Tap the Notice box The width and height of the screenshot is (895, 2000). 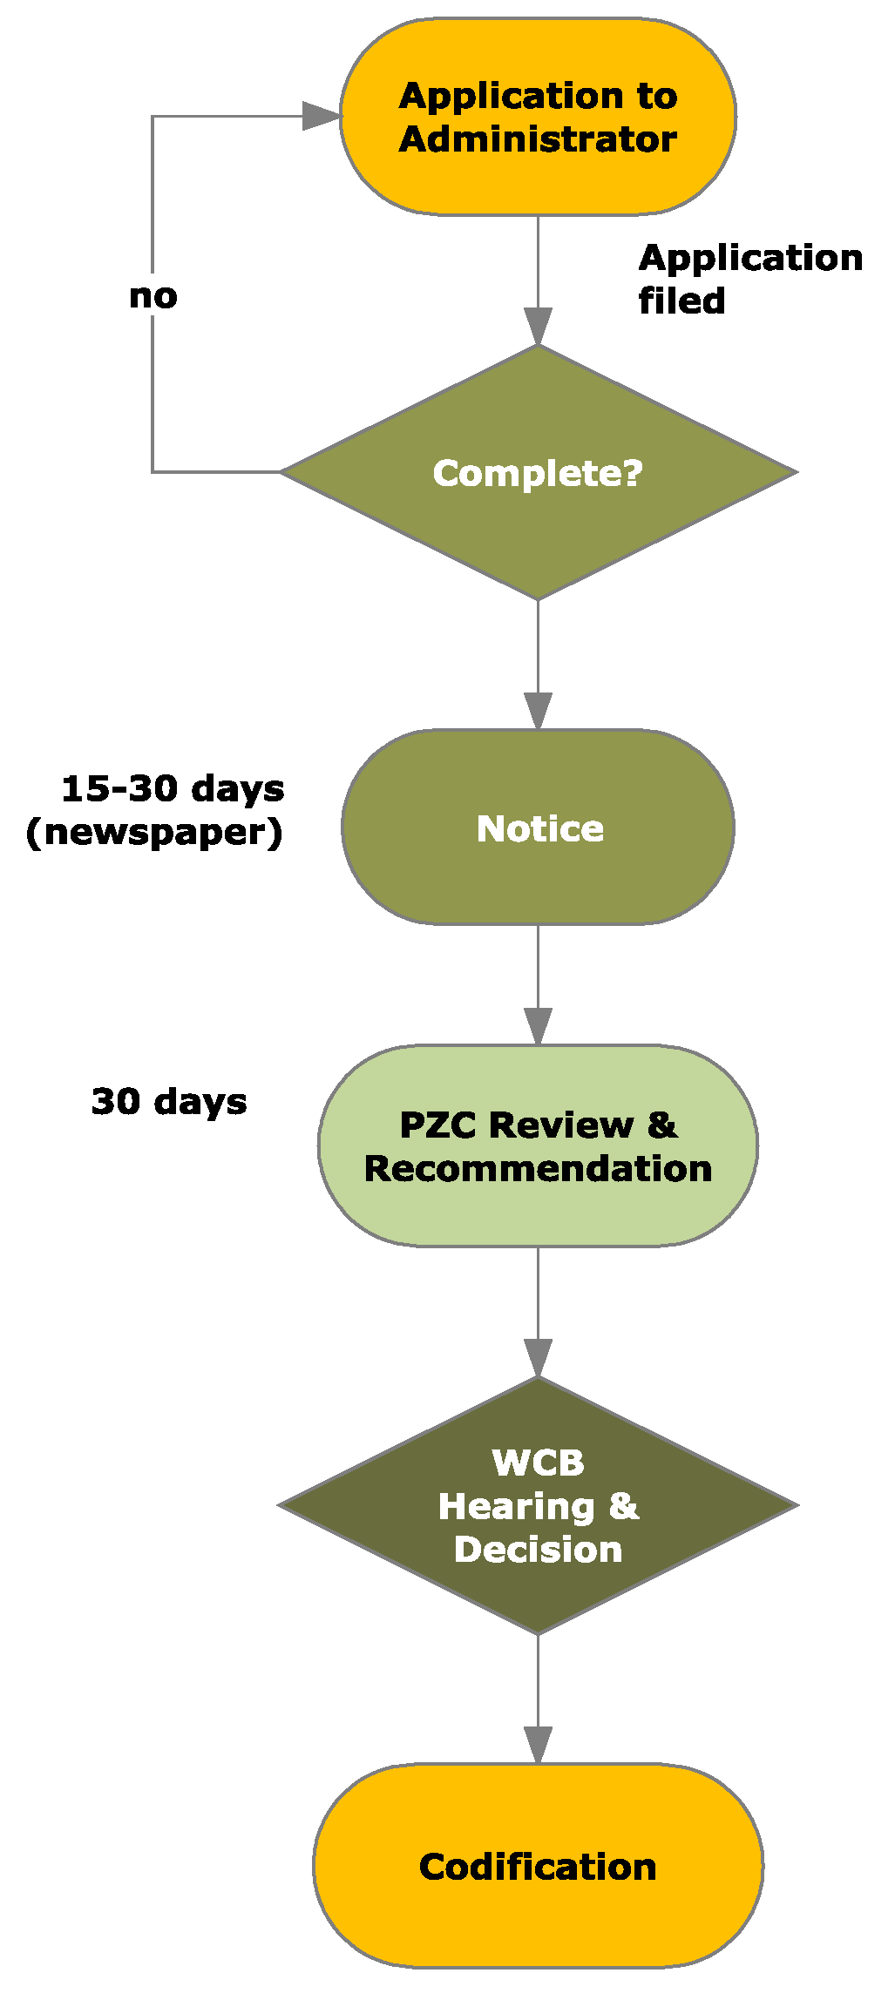(538, 828)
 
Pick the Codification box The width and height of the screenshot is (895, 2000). (538, 1867)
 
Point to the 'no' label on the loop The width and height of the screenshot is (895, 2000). (153, 296)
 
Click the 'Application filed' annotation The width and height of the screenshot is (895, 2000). (749, 279)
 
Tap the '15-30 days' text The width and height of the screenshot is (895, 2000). (173, 788)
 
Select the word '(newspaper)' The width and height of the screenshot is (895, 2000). (154, 832)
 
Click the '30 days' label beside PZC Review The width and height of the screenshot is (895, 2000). (169, 1101)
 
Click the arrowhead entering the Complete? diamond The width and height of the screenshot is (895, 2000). (538, 326)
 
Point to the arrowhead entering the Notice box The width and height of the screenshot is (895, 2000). (538, 711)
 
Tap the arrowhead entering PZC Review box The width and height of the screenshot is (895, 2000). (538, 1026)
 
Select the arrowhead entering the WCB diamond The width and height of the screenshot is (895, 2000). (538, 1358)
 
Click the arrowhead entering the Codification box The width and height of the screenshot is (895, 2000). (538, 1746)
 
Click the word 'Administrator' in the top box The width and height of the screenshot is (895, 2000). (538, 139)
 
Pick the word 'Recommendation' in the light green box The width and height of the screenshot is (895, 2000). (538, 1168)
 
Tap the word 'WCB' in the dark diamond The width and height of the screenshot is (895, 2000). (538, 1463)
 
